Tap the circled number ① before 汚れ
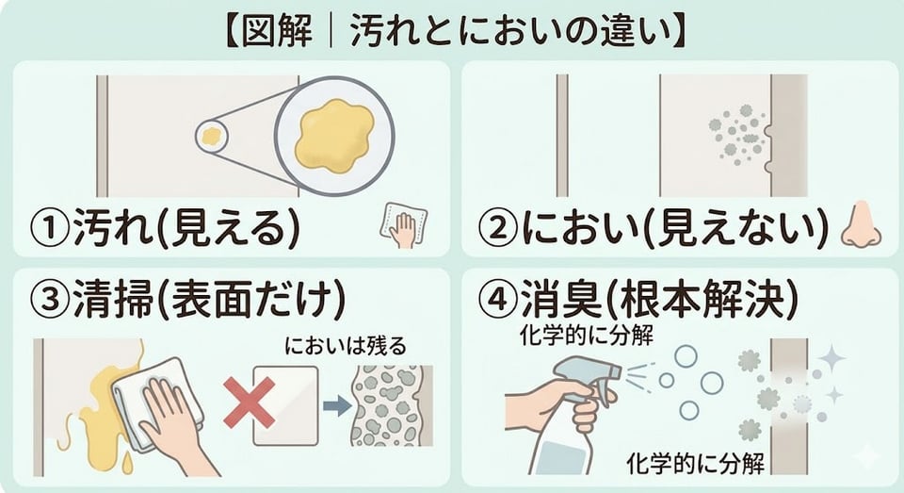click(x=51, y=229)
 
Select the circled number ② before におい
click(x=498, y=229)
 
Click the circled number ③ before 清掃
click(x=51, y=300)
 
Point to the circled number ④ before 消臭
click(x=498, y=300)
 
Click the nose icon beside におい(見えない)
click(x=861, y=225)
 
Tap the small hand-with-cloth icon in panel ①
click(x=403, y=225)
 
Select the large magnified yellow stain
click(x=334, y=137)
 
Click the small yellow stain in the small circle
click(x=212, y=137)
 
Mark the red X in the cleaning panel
click(x=249, y=403)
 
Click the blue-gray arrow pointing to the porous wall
click(x=337, y=405)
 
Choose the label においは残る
click(x=346, y=345)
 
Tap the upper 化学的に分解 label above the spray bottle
click(x=586, y=335)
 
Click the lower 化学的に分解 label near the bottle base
click(x=695, y=463)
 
